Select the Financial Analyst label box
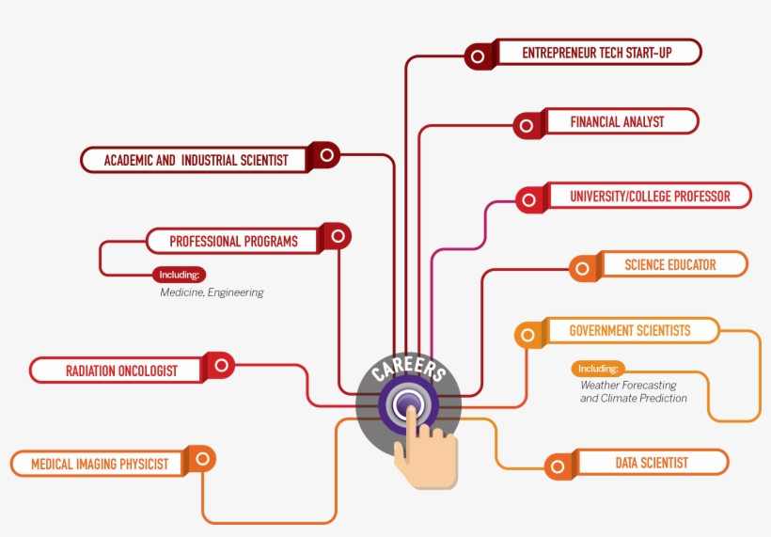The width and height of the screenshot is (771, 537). [x=617, y=121]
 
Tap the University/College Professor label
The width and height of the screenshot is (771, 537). [x=649, y=197]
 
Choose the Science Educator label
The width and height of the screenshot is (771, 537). [x=670, y=265]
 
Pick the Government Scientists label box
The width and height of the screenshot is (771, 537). [x=630, y=331]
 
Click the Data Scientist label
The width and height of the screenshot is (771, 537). [x=652, y=463]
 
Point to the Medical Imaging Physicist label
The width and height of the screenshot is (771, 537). [x=100, y=464]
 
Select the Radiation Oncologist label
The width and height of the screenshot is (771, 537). [x=121, y=371]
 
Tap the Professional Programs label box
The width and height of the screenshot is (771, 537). [x=233, y=242]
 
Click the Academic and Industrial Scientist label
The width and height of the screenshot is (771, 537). [x=196, y=160]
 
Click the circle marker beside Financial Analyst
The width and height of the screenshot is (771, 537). [x=527, y=125]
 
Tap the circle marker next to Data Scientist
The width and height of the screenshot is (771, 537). [x=558, y=466]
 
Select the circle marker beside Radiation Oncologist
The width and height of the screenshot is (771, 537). [x=222, y=365]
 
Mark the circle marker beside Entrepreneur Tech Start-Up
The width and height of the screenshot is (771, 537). [x=478, y=56]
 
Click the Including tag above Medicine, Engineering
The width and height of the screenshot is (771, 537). [x=179, y=276]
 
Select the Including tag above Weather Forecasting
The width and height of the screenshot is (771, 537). [x=598, y=369]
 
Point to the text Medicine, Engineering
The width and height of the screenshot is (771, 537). [x=212, y=292]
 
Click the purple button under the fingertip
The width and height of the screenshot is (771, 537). [x=408, y=404]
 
